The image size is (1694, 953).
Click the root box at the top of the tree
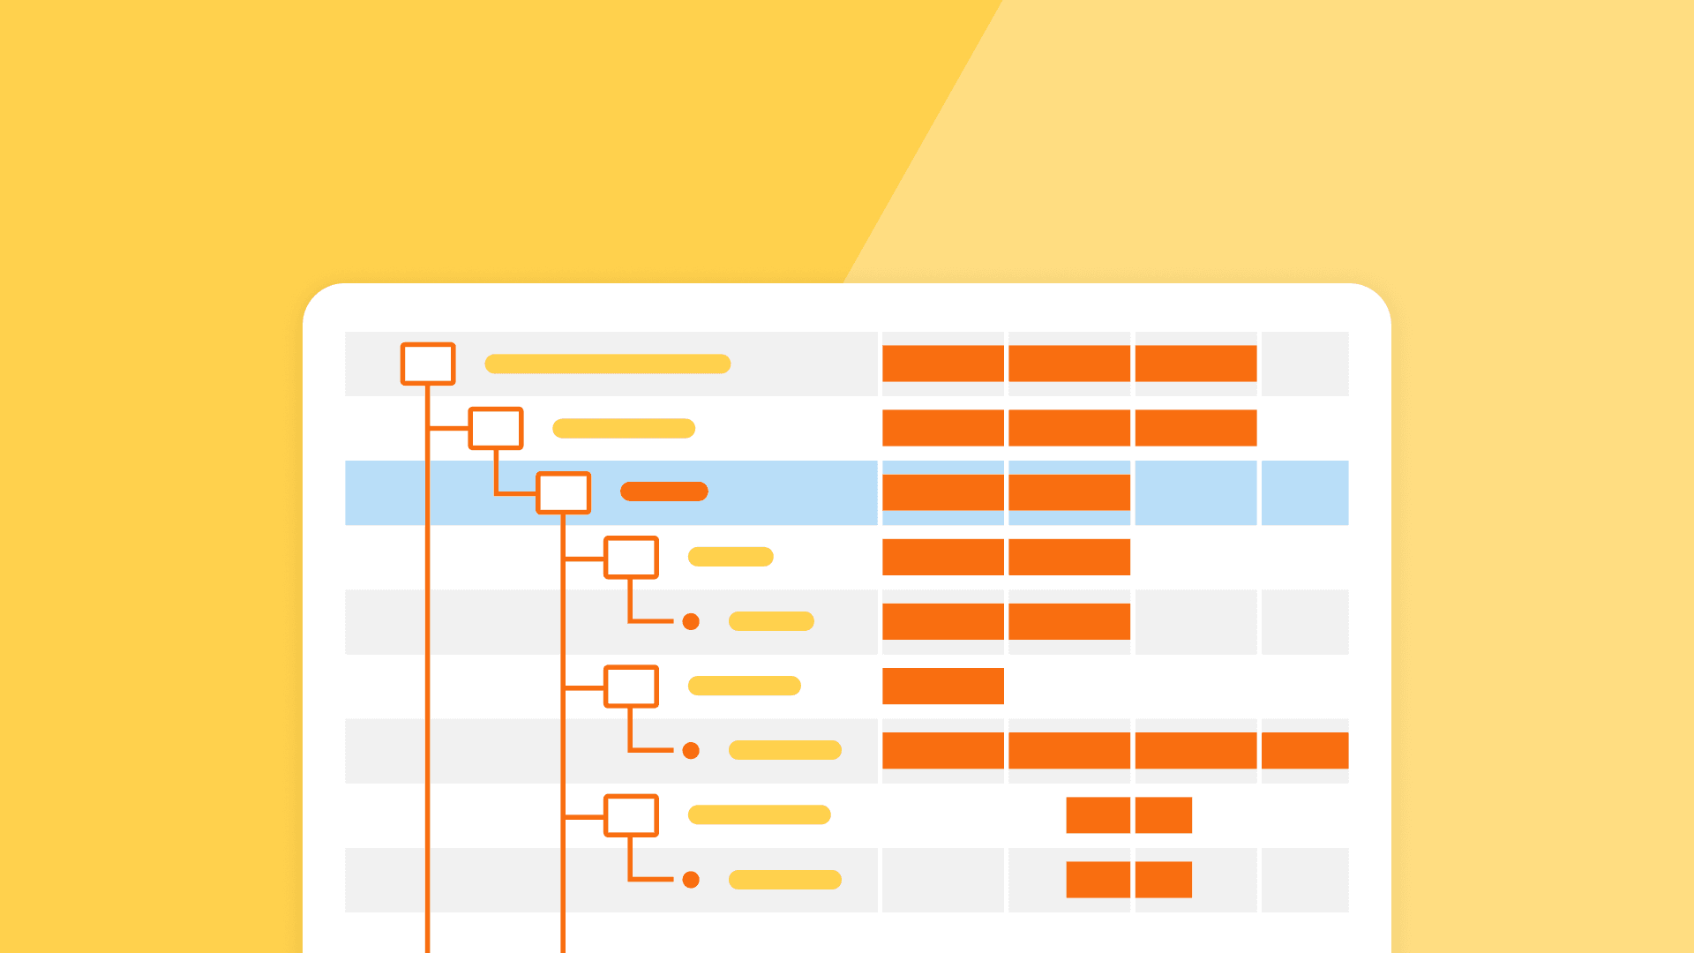[428, 364]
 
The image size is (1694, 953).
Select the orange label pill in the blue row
[664, 492]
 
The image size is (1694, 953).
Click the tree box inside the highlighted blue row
[563, 492]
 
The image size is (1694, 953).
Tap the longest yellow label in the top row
[608, 364]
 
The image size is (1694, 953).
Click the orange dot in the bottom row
[691, 880]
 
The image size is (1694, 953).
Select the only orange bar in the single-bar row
[942, 686]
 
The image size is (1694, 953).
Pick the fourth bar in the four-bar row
[1304, 750]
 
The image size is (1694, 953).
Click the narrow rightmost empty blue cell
[1304, 492]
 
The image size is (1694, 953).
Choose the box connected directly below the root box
[496, 428]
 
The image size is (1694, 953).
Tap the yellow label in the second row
[624, 428]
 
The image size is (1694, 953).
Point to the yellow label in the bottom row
[784, 880]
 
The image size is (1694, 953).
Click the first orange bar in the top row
[942, 364]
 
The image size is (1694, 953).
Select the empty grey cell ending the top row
[1304, 364]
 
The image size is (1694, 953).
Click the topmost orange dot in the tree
[691, 622]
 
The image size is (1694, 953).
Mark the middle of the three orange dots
[691, 751]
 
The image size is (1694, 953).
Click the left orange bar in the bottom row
[1098, 880]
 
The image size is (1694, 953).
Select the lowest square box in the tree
[631, 815]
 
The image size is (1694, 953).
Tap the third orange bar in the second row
[1196, 428]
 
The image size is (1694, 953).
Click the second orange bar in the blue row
[1068, 492]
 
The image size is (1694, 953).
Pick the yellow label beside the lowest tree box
[759, 814]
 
